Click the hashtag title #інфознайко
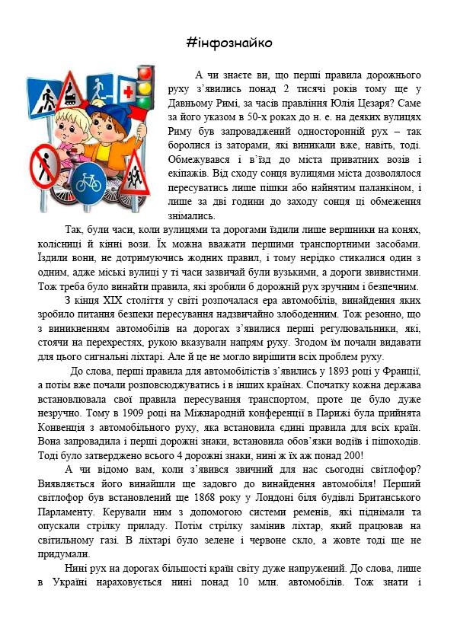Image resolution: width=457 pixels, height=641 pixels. tap(228, 42)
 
